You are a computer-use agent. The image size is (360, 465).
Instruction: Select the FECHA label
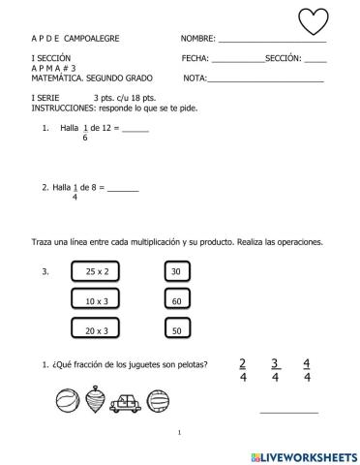195,59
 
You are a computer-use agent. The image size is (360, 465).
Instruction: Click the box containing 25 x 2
96,273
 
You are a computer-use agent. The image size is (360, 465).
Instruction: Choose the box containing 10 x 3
96,302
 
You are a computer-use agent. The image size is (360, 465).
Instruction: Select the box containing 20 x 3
96,331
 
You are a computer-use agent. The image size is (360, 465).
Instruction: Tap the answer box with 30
175,273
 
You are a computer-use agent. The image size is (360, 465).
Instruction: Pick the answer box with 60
175,302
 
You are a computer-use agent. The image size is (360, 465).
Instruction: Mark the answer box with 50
175,331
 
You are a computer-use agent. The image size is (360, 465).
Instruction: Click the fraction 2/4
242,370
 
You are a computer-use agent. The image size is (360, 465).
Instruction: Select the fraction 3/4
275,370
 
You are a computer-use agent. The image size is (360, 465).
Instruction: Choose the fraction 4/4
307,370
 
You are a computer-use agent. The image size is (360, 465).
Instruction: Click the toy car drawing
126,400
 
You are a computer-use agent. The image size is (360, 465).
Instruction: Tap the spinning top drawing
94,398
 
